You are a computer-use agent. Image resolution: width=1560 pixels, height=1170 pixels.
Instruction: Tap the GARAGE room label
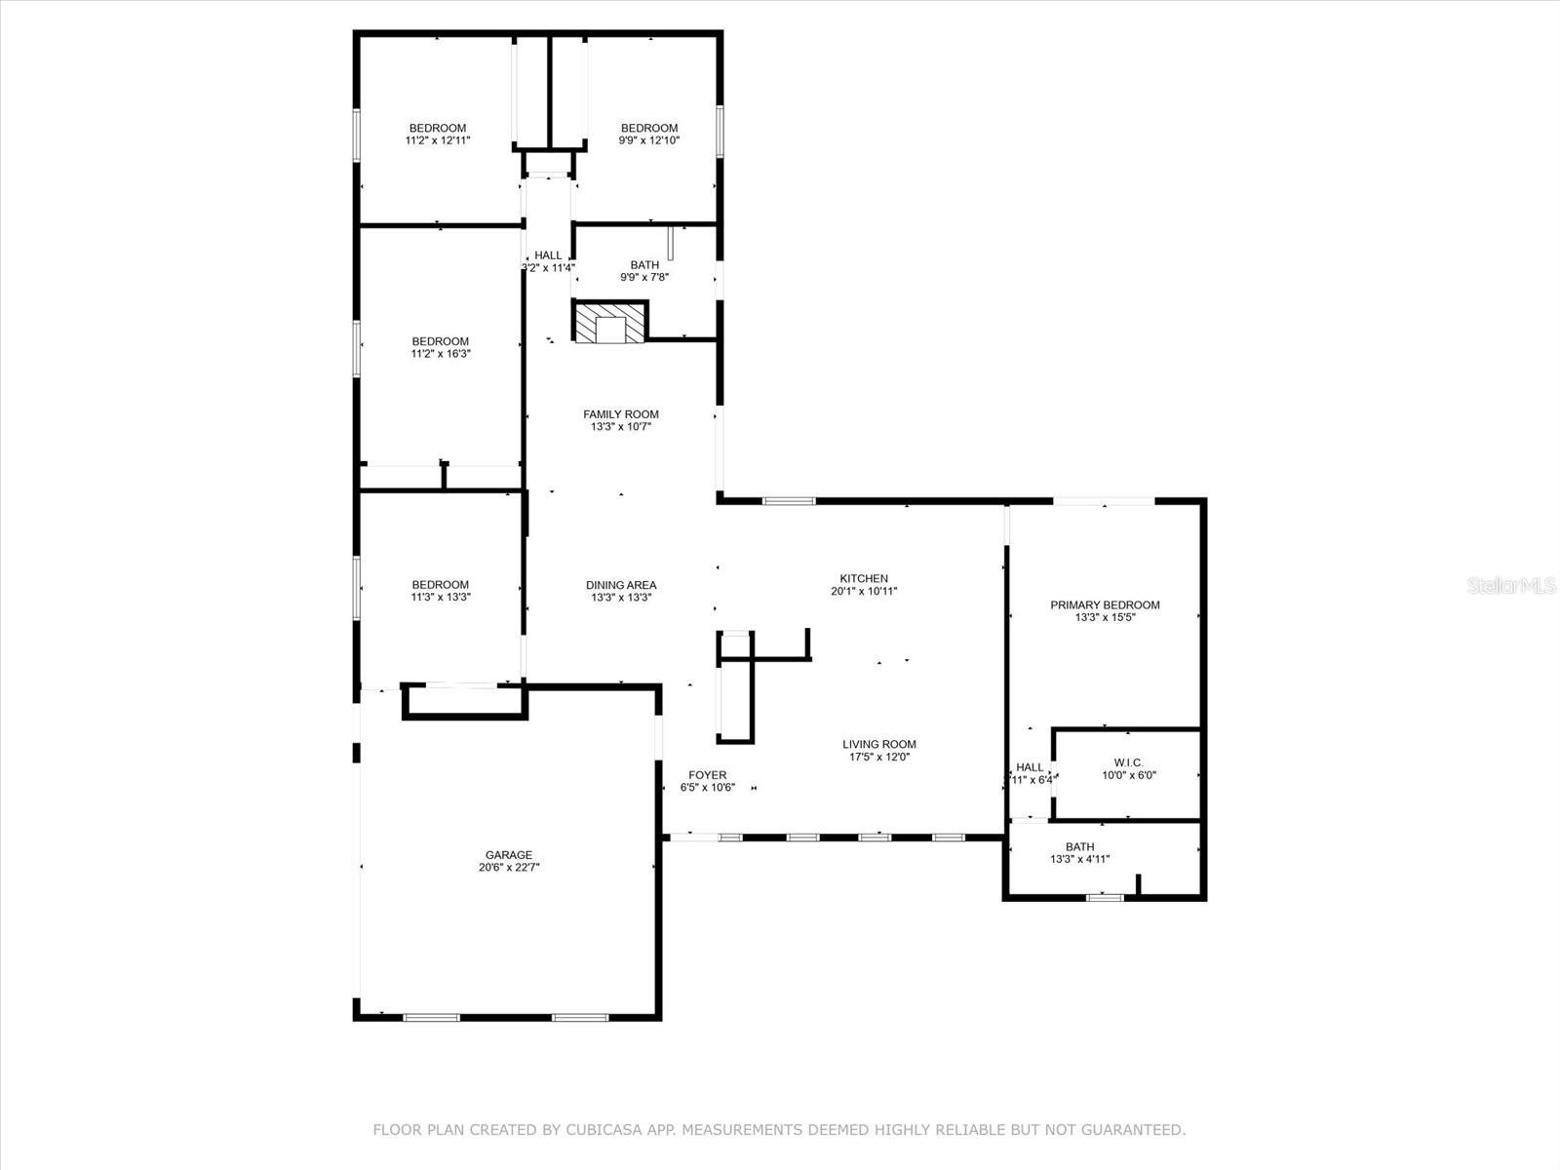pos(509,855)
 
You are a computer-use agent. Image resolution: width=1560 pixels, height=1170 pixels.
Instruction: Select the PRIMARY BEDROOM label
pos(1105,604)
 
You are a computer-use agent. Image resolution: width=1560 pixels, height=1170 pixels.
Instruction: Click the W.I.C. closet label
pos(1128,762)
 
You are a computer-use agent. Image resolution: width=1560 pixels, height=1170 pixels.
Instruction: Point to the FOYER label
pos(707,775)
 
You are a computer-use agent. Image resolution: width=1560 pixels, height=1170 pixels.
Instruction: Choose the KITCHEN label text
pos(864,578)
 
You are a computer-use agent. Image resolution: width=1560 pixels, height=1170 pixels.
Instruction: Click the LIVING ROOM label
pos(878,744)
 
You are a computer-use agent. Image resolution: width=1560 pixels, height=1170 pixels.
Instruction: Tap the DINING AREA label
pos(620,585)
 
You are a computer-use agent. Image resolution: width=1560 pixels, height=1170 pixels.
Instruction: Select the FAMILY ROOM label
pos(620,414)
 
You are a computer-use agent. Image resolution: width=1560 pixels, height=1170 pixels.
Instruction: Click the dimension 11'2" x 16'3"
pos(441,354)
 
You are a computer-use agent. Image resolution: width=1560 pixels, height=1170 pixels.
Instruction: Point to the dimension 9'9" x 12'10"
pos(648,140)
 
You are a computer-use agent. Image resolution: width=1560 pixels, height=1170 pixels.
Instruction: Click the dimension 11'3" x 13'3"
pos(441,598)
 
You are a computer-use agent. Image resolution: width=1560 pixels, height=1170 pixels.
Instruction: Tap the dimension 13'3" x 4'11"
pos(1079,860)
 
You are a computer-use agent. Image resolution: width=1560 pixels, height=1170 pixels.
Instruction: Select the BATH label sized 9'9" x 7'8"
pos(644,264)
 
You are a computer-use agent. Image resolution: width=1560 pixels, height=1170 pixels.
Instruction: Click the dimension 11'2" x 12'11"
pos(438,140)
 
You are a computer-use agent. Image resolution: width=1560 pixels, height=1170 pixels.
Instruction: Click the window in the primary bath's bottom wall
pos(1104,897)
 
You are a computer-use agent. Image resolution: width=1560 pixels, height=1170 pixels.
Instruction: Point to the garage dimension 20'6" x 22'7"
pos(509,867)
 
